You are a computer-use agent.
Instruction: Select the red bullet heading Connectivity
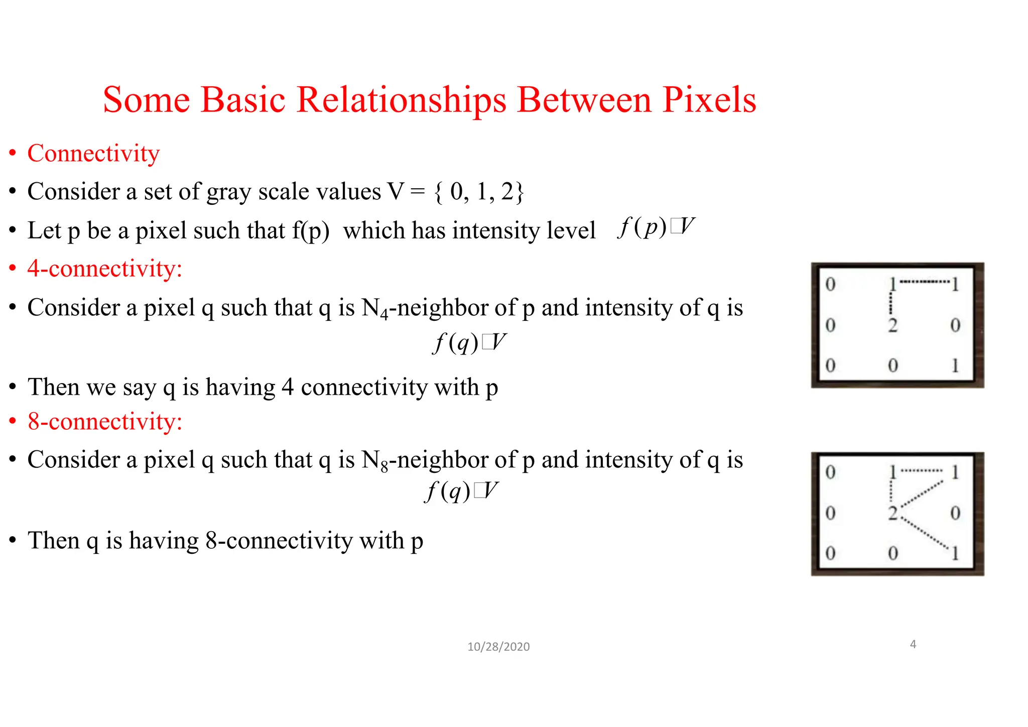coord(93,153)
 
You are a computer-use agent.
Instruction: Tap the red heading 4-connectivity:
coord(104,269)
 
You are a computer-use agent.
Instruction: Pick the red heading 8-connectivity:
coord(104,421)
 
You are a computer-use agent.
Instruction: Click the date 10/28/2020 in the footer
coord(498,647)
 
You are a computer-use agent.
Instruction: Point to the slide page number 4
coord(913,644)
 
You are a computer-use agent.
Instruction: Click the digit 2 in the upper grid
coord(892,325)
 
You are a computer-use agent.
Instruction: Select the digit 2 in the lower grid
coord(892,513)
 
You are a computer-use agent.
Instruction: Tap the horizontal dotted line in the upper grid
coord(924,282)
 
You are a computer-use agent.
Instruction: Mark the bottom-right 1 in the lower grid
coord(955,553)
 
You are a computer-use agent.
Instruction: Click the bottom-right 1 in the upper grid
coord(955,366)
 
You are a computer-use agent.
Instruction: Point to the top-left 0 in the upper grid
coord(830,285)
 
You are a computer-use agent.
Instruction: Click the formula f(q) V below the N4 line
coord(469,343)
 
